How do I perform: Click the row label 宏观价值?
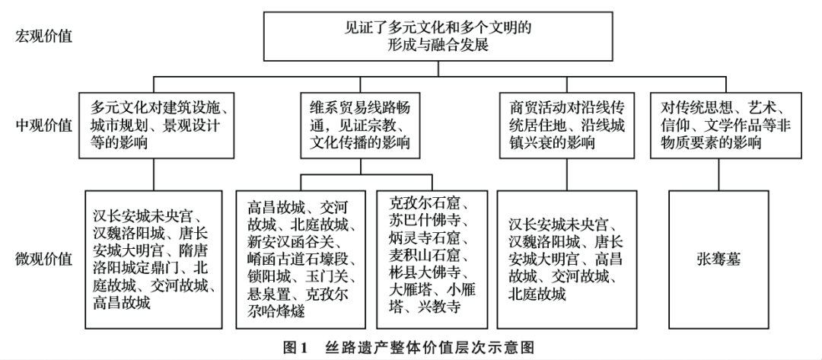click(44, 37)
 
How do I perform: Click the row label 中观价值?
click(44, 126)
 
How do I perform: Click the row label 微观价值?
click(44, 260)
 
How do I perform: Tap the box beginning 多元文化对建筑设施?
click(157, 126)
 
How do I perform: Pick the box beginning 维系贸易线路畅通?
click(360, 126)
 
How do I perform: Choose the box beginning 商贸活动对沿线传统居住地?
click(566, 126)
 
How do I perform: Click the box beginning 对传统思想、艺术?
click(726, 126)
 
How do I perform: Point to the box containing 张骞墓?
click(718, 260)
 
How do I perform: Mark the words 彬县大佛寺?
click(425, 272)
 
